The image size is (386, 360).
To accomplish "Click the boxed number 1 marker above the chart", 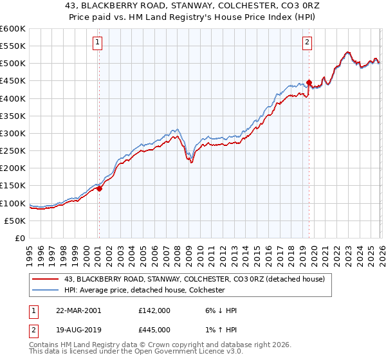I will point(97,43).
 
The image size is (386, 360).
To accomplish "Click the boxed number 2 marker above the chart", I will point(307,43).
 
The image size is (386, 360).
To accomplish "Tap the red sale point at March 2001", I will point(100,188).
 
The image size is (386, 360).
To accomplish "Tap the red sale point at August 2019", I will point(309,83).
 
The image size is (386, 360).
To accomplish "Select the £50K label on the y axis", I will point(15,221).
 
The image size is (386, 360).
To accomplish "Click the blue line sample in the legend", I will point(46,290).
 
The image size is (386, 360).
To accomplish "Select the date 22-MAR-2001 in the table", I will point(79,310).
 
